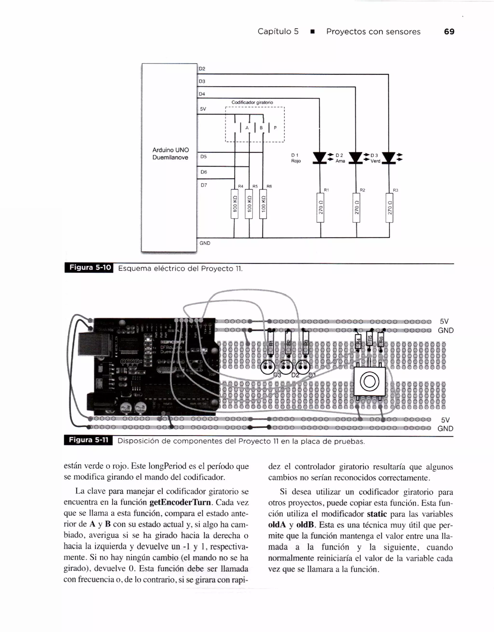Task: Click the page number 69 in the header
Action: pos(449,32)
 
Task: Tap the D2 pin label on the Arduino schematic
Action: pos(202,68)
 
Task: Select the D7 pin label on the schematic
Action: pos(204,185)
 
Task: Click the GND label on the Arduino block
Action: pos(205,243)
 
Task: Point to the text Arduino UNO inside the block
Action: pos(171,150)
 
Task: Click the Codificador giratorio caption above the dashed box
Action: pos(252,102)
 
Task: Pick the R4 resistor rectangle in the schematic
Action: pos(234,204)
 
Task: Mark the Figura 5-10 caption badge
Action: pos(89,268)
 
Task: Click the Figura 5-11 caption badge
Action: pos(88,440)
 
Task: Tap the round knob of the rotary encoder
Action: pos(369,382)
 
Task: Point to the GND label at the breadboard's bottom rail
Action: pos(445,428)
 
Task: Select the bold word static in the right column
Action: pos(377,514)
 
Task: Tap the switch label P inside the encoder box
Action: pos(275,128)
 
